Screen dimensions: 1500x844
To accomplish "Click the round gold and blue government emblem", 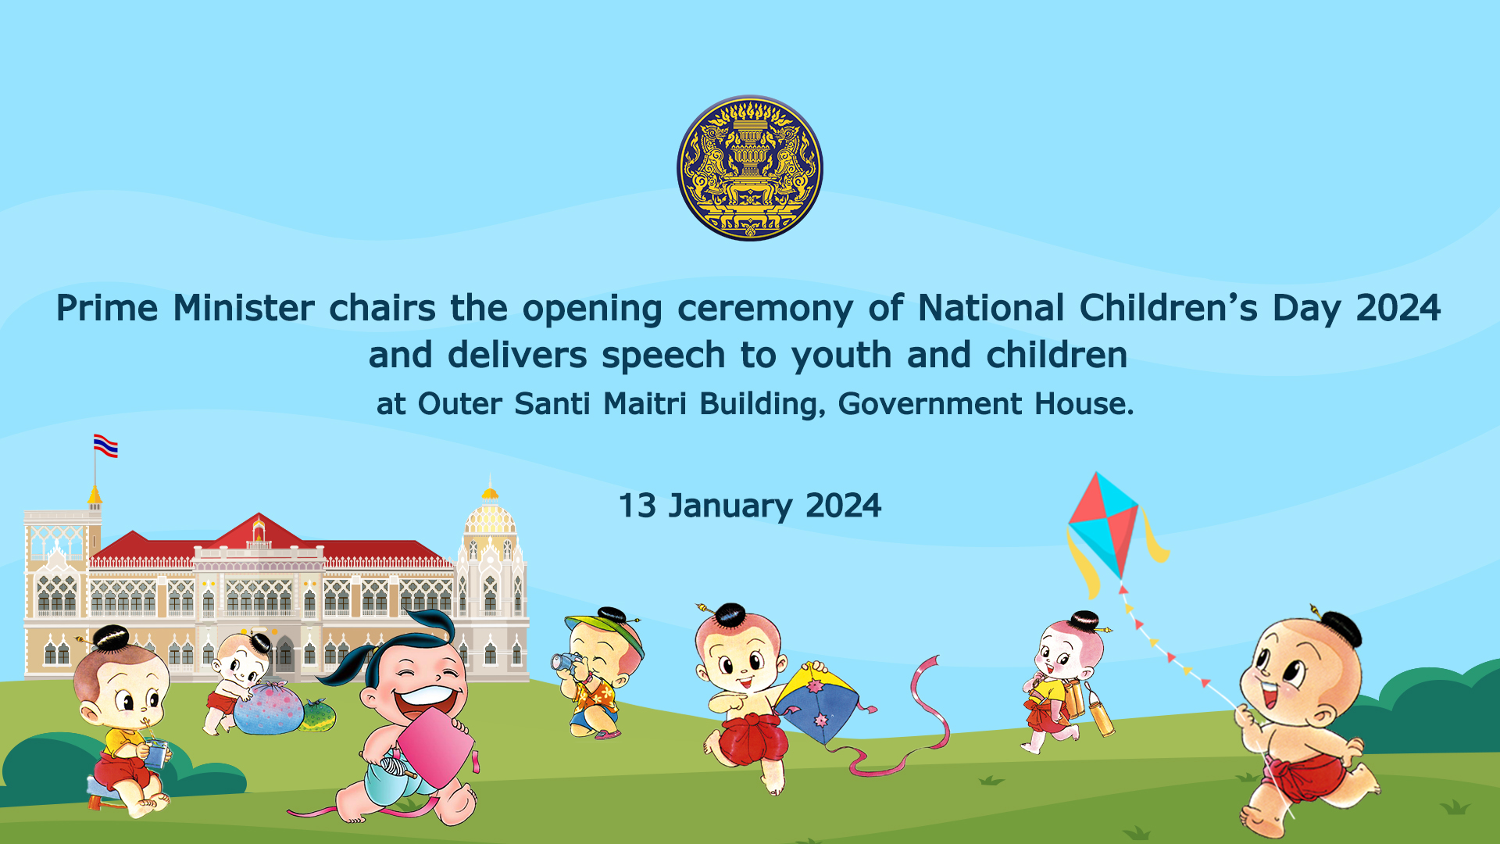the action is click(750, 168).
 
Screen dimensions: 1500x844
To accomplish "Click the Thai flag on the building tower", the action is click(105, 445).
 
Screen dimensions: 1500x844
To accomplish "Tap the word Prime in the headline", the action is click(107, 308).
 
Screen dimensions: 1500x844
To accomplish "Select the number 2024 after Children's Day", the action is click(1398, 308).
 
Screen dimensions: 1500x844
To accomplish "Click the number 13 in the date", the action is click(637, 506).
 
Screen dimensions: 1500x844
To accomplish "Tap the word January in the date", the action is click(730, 506).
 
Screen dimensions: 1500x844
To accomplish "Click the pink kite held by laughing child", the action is click(434, 747).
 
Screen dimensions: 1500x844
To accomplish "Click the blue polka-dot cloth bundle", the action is click(268, 709).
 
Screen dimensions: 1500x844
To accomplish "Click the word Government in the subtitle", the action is click(930, 403).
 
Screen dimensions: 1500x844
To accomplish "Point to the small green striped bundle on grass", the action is click(319, 715).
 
